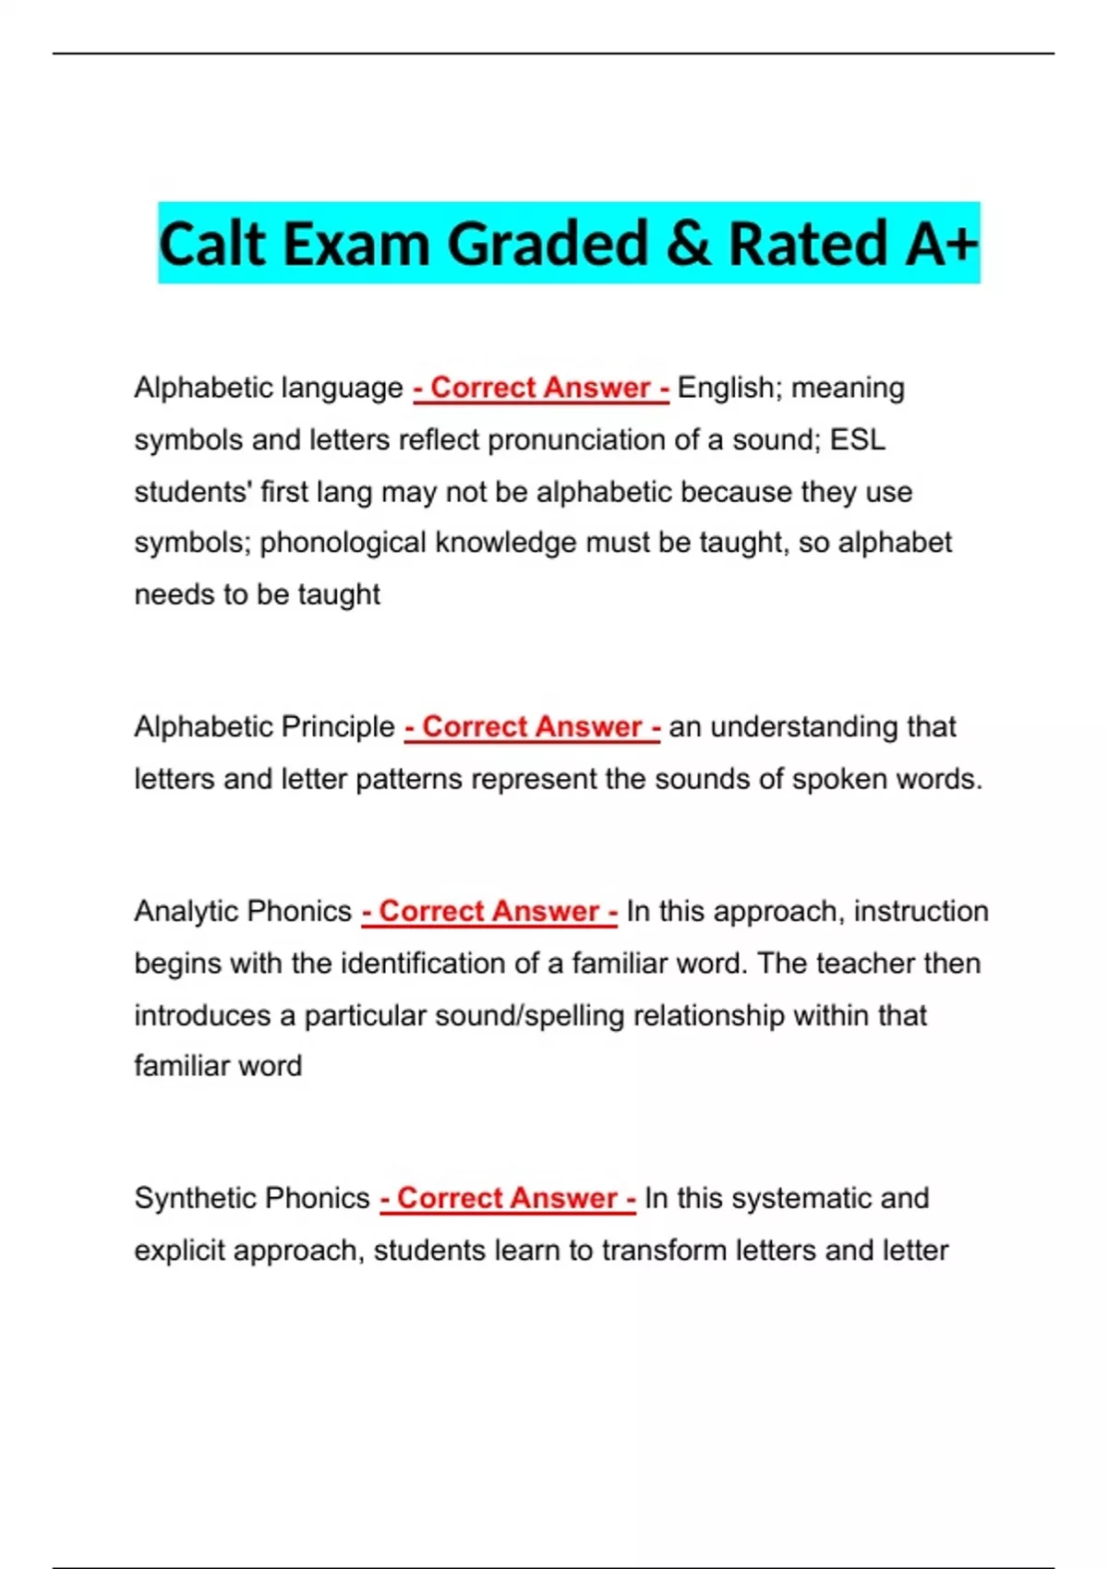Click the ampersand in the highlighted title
pos(688,244)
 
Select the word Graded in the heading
pos(548,244)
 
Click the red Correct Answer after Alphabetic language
pos(541,388)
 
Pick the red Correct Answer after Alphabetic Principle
pos(532,727)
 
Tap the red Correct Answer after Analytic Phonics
pos(489,912)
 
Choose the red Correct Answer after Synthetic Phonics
pos(508,1199)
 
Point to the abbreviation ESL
pos(858,440)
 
